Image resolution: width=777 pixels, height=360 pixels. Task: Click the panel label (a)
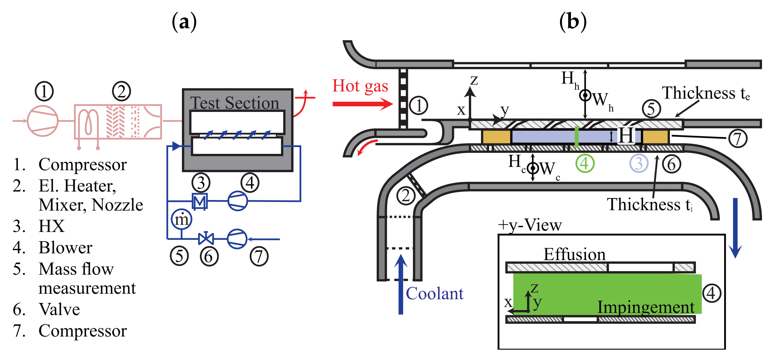tap(184, 22)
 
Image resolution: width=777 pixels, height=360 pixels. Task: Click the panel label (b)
tap(573, 22)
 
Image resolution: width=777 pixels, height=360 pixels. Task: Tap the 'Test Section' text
tap(234, 103)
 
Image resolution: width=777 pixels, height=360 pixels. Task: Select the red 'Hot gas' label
tap(360, 86)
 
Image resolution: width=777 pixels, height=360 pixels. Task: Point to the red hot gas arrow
tap(363, 104)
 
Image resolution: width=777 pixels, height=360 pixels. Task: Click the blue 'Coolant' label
tap(434, 293)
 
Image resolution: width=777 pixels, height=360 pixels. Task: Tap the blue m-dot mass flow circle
tap(182, 220)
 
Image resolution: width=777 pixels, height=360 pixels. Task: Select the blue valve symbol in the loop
tap(206, 238)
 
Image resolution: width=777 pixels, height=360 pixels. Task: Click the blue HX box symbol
tap(200, 201)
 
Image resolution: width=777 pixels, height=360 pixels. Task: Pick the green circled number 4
tap(585, 164)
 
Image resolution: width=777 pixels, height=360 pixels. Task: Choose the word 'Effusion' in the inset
tap(574, 254)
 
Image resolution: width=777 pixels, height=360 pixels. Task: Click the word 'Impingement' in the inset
tap(646, 308)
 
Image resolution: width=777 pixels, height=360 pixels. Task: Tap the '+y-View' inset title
tap(530, 225)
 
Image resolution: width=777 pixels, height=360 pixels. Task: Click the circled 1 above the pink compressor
tap(44, 91)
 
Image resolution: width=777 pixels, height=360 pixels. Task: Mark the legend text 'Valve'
tap(60, 309)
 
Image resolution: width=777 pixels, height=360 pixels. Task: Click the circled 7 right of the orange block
tap(738, 139)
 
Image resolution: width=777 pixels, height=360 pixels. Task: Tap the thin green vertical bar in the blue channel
tap(576, 137)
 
